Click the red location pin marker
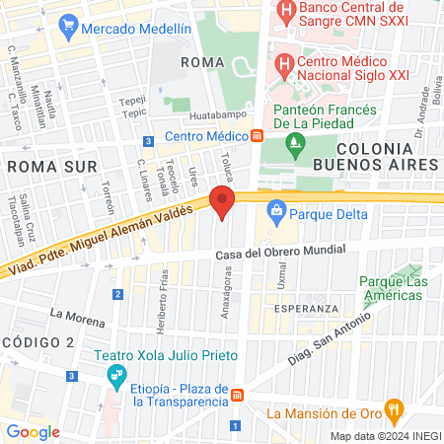[x=223, y=206]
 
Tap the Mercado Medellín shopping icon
[x=68, y=25]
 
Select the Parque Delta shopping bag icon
[x=277, y=210]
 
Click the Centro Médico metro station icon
[x=257, y=135]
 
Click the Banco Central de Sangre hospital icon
[x=286, y=15]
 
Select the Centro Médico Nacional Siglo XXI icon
[x=284, y=67]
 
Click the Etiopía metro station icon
[x=237, y=395]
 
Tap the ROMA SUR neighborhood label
[x=40, y=166]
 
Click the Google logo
[x=33, y=431]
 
